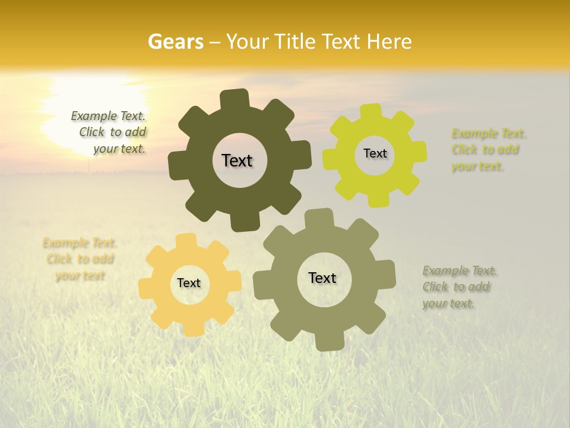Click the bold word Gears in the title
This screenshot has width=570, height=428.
click(x=176, y=42)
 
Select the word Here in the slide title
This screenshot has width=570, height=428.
click(x=389, y=42)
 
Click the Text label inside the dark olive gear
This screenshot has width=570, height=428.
click(x=237, y=160)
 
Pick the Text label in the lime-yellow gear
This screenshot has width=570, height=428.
click(x=375, y=153)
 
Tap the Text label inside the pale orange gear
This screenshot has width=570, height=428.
click(x=189, y=284)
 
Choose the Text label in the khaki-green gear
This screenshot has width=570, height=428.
click(x=322, y=278)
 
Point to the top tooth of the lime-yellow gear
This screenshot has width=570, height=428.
click(x=372, y=112)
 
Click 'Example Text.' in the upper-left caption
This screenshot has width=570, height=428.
click(x=108, y=117)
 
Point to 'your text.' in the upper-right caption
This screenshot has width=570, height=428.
click(x=477, y=166)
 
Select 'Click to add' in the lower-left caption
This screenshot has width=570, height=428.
click(x=80, y=259)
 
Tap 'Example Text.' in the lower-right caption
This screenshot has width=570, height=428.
click(x=460, y=271)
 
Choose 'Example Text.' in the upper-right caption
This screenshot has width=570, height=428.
click(x=489, y=133)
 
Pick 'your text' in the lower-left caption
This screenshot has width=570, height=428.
click(x=80, y=276)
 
